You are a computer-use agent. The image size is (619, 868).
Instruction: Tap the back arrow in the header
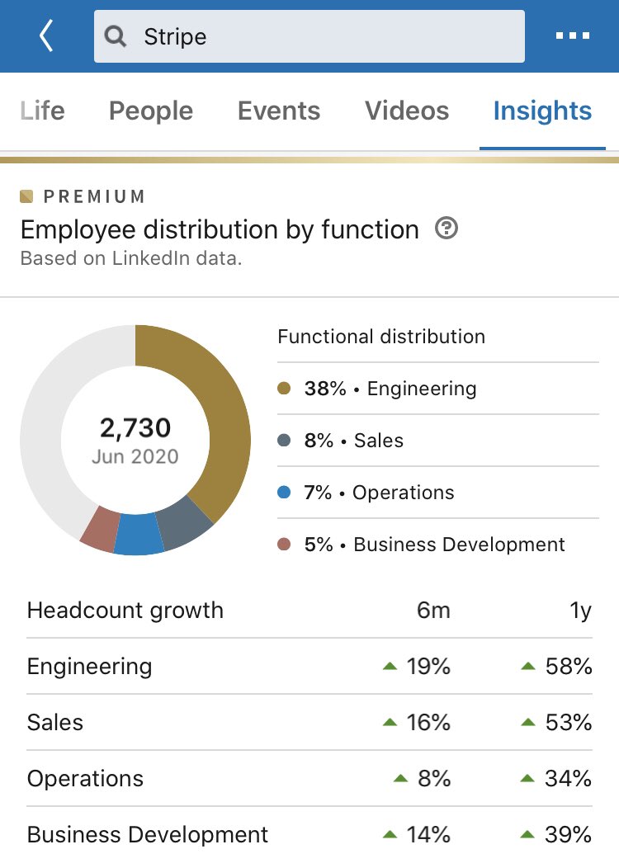46,36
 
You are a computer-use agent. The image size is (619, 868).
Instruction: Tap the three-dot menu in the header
572,36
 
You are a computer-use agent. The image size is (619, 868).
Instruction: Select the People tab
151,111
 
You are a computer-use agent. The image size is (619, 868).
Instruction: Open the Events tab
279,111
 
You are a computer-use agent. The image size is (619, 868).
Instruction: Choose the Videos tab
407,111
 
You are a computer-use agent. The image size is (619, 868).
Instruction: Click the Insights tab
542,111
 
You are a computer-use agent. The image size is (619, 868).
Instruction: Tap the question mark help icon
446,229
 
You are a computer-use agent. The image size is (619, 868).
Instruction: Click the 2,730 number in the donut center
135,427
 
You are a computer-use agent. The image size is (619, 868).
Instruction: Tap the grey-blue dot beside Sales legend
285,441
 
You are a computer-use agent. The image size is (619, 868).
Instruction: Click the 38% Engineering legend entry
390,389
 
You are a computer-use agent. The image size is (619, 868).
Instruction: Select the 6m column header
432,611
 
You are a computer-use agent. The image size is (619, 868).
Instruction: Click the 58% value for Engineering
568,667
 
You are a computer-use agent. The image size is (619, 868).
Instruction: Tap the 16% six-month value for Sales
428,723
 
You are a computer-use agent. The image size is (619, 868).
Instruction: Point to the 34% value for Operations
568,779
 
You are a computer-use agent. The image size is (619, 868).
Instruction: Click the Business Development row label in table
148,834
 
